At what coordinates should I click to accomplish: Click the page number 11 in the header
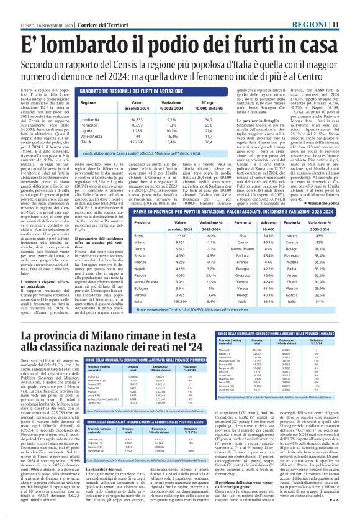click(352, 6)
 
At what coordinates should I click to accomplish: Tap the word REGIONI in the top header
click(326, 6)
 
